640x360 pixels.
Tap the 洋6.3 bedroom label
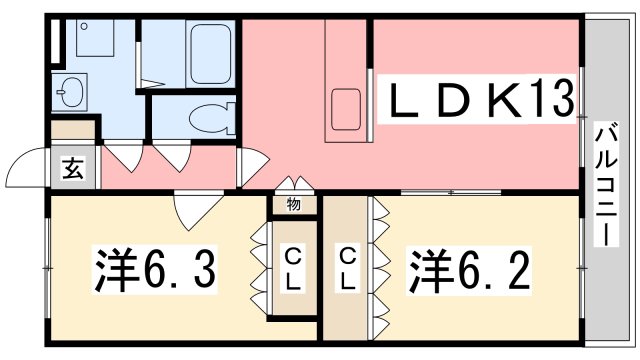coord(156,267)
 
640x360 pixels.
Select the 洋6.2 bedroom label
coord(468,267)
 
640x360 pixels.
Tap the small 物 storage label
coord(293,204)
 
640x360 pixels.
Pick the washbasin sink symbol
coord(70,94)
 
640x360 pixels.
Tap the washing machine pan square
coord(98,43)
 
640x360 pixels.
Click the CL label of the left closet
coord(293,269)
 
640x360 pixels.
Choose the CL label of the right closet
coord(347,269)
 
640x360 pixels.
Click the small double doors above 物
coord(293,184)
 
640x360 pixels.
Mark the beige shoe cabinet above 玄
coord(74,130)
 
